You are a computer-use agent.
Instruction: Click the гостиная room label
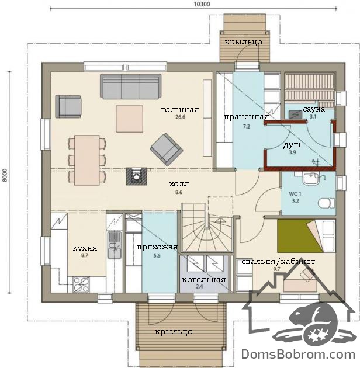[x=180, y=110]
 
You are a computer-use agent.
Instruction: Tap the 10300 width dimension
[x=202, y=4]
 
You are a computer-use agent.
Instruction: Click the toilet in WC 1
[x=327, y=203]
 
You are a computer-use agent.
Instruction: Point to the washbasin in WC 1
[x=310, y=179]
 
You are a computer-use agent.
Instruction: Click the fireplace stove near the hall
[x=136, y=176]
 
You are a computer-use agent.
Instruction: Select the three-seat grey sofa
[x=131, y=86]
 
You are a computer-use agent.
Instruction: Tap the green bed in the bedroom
[x=300, y=235]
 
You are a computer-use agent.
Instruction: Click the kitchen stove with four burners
[x=81, y=284]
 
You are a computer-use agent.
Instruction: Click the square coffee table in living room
[x=129, y=119]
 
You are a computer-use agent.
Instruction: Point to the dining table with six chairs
[x=87, y=160]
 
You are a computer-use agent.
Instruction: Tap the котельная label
[x=204, y=280]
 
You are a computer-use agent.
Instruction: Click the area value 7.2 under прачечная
[x=247, y=127]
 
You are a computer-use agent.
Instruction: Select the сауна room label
[x=314, y=109]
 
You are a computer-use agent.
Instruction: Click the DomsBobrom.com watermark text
[x=298, y=355]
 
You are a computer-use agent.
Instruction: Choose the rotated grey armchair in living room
[x=167, y=150]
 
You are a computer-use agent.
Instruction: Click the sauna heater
[x=295, y=114]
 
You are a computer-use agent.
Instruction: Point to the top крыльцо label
[x=243, y=42]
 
